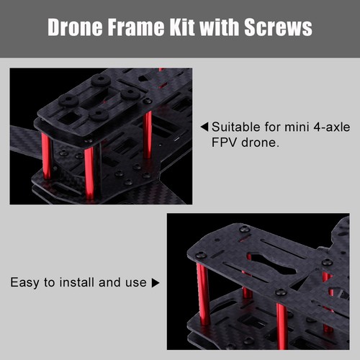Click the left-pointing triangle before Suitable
[x=204, y=127]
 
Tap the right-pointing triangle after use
[x=156, y=283]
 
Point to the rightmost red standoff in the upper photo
[x=148, y=134]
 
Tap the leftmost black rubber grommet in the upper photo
[x=67, y=99]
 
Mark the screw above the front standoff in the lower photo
[x=282, y=292]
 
